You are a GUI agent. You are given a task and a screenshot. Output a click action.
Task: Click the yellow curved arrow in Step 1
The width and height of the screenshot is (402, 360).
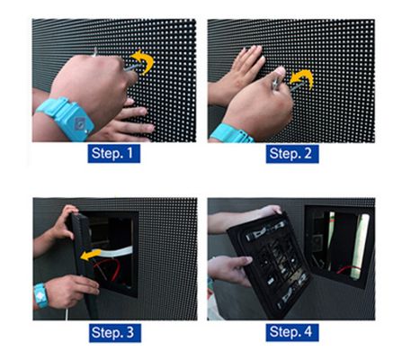point(144,62)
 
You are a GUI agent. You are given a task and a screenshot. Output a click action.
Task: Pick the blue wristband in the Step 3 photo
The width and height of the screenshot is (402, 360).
point(40,294)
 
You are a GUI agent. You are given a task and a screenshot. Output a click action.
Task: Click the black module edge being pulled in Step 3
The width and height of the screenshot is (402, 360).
point(79,252)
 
